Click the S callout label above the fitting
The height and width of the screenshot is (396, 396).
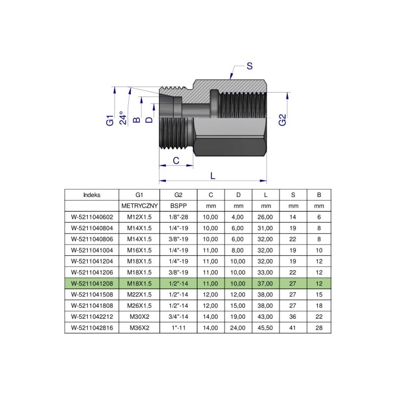point(250,66)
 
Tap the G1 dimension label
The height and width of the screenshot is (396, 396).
point(110,120)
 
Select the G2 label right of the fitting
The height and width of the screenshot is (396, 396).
point(282,120)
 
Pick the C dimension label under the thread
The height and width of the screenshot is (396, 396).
point(175,160)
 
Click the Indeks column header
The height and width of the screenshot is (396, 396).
point(92,195)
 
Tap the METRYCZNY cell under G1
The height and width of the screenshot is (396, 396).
point(139,205)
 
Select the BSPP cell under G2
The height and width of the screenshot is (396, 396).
point(178,205)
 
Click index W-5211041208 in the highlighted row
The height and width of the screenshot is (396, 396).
point(92,284)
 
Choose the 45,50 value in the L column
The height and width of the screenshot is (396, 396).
point(265,328)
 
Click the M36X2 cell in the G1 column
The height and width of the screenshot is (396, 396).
point(139,328)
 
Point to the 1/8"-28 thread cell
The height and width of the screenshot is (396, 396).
point(178,217)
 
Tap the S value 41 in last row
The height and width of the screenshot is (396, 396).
point(293,328)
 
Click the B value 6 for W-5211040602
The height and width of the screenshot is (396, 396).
point(319,217)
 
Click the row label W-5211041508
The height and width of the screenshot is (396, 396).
point(92,295)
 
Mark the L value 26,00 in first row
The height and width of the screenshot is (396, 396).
point(265,217)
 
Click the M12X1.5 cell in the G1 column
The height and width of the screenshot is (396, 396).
point(139,217)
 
